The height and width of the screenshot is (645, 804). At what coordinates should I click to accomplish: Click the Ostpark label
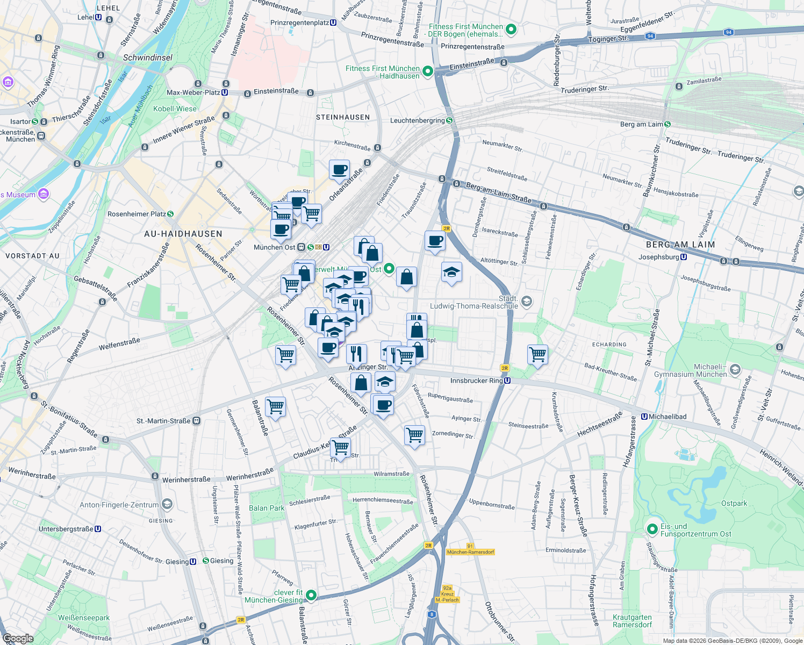734,504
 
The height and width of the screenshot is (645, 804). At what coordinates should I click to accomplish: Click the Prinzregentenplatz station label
304,23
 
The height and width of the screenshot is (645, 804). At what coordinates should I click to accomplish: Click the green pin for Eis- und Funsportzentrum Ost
652,529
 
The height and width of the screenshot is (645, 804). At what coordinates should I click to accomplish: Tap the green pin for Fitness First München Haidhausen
428,71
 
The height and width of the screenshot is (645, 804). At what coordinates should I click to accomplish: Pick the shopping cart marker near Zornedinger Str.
414,434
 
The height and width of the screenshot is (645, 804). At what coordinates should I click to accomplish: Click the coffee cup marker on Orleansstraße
339,170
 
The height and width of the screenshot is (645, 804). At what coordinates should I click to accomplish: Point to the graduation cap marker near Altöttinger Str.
451,272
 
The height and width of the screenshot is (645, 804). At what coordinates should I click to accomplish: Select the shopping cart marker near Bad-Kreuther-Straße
537,354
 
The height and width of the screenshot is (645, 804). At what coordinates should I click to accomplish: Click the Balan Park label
267,508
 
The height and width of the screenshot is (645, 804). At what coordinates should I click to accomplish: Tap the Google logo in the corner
18,638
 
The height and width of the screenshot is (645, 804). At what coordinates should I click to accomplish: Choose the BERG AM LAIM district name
680,245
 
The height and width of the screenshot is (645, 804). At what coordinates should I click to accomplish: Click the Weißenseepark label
83,618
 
